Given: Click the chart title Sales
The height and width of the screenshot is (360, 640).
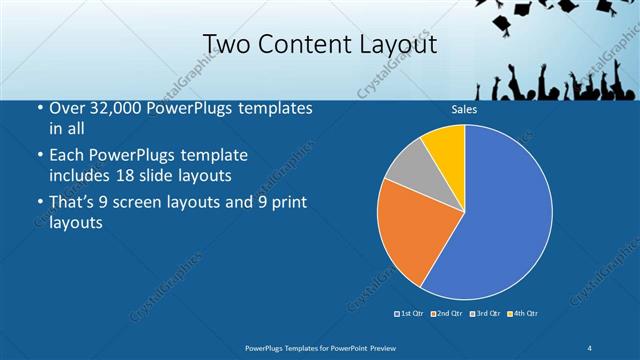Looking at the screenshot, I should pos(464,110).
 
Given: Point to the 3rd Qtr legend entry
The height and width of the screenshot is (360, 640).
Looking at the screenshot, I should pos(484,314).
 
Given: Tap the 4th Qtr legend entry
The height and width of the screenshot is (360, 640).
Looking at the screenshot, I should pos(522,314).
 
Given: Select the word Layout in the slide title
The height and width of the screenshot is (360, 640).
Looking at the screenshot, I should pos(398,44).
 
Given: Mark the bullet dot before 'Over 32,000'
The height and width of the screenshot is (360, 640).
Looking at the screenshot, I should pos(40,109).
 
